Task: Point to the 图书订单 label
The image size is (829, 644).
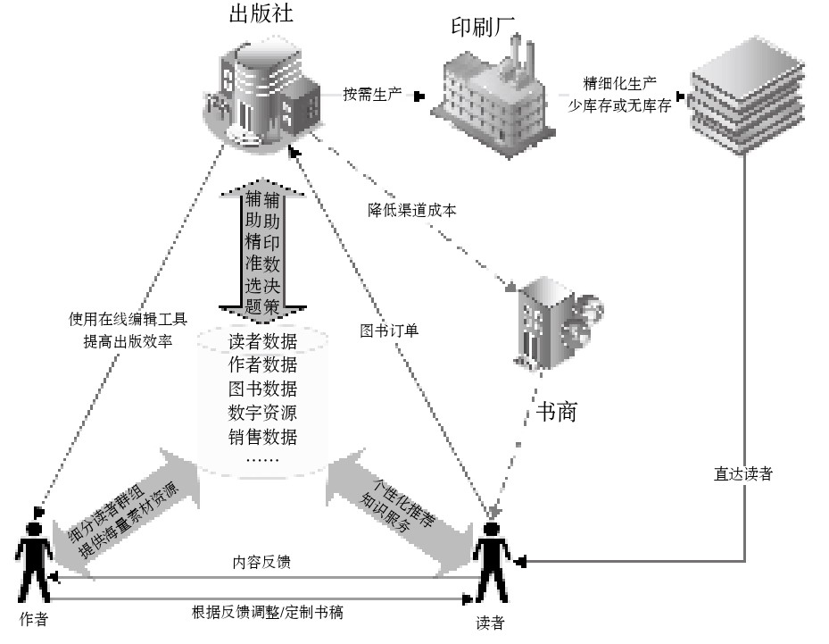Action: pyautogui.click(x=389, y=330)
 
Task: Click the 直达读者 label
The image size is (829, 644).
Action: pyautogui.click(x=742, y=474)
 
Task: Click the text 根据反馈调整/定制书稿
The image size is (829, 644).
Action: pyautogui.click(x=269, y=612)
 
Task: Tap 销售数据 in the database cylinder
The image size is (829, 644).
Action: pyautogui.click(x=262, y=437)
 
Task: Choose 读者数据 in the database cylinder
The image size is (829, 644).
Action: pyautogui.click(x=262, y=341)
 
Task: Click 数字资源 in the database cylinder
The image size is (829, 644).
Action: pyautogui.click(x=262, y=413)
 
